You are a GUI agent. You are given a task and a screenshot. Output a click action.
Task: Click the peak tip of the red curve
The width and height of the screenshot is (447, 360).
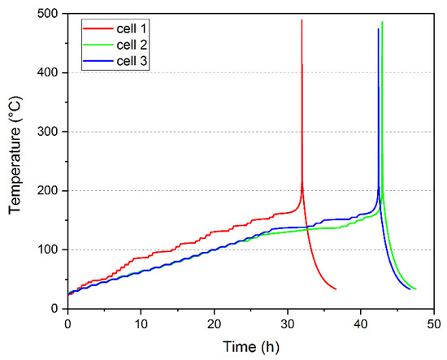pyautogui.click(x=302, y=20)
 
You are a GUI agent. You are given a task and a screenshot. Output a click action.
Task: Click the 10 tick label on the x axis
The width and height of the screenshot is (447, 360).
pyautogui.click(x=141, y=322)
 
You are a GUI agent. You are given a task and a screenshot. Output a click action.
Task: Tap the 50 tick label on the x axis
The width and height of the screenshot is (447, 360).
pyautogui.click(x=434, y=322)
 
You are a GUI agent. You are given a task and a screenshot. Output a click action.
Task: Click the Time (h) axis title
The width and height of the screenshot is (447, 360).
pyautogui.click(x=250, y=345)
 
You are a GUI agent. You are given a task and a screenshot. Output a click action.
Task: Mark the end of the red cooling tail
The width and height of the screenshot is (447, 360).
pyautogui.click(x=336, y=289)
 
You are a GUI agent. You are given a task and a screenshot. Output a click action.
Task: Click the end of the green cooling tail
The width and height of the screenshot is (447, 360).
pyautogui.click(x=415, y=289)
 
